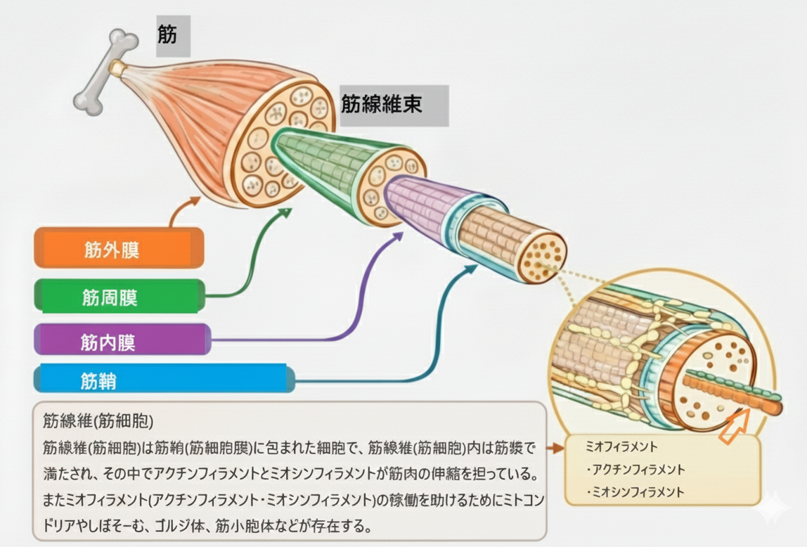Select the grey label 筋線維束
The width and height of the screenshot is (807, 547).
tap(392, 105)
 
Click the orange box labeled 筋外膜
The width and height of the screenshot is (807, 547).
tap(118, 249)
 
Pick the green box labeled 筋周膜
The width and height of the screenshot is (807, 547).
tap(118, 297)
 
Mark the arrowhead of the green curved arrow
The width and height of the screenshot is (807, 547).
tap(287, 211)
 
